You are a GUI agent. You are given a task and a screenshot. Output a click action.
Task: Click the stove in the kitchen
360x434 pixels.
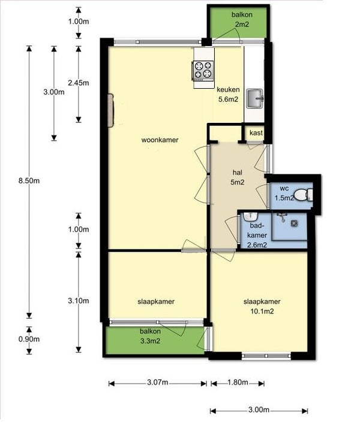pyautogui.click(x=203, y=70)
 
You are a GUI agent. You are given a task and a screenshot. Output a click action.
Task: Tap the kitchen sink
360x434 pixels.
pyautogui.click(x=255, y=98)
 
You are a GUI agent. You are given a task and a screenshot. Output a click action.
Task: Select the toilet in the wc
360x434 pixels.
pyautogui.click(x=303, y=194)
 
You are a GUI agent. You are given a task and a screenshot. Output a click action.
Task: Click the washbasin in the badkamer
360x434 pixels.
pyautogui.click(x=251, y=216)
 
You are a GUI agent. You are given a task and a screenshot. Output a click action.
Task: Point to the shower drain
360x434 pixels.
pyautogui.click(x=294, y=223)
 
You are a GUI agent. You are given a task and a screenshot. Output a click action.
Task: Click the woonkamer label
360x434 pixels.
pyautogui.click(x=160, y=140)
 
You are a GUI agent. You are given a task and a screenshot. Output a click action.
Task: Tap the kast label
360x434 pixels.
pyautogui.click(x=256, y=133)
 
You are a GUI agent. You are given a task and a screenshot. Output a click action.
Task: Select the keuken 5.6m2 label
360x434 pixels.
pyautogui.click(x=228, y=94)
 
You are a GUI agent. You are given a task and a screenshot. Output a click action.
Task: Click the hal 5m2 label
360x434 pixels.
pyautogui.click(x=238, y=177)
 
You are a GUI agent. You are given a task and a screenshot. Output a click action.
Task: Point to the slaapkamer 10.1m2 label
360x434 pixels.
pyautogui.click(x=262, y=306)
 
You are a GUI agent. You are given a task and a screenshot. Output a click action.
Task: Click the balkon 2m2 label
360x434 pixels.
pyautogui.click(x=242, y=19)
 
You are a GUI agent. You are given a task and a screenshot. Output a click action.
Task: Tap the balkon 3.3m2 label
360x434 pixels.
pyautogui.click(x=150, y=336)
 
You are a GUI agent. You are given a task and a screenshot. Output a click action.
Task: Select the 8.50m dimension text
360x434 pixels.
pyautogui.click(x=29, y=181)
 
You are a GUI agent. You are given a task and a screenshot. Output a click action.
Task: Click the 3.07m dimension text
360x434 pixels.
pyautogui.click(x=157, y=382)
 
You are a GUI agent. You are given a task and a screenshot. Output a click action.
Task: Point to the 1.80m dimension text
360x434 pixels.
pyautogui.click(x=238, y=382)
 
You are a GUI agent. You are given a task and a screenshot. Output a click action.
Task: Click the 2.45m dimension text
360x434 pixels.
pyautogui.click(x=79, y=83)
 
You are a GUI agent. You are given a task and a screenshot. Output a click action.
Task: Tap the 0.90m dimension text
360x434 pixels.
pyautogui.click(x=29, y=339)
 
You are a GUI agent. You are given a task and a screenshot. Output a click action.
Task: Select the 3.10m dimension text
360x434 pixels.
pyautogui.click(x=79, y=300)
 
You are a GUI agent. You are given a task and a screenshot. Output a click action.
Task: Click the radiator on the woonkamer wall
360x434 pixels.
pyautogui.click(x=110, y=110)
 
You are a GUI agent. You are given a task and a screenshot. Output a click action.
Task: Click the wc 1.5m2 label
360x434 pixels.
pyautogui.click(x=284, y=193)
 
